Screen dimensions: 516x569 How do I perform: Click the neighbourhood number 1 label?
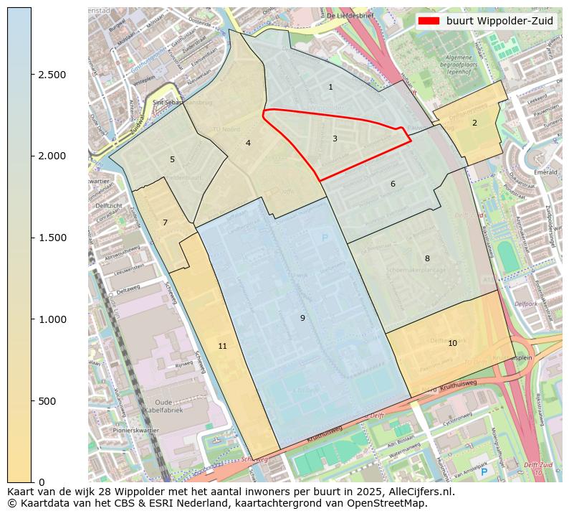(x=330, y=88)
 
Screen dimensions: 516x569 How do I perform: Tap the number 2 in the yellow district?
(x=474, y=123)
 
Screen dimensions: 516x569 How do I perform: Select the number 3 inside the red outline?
(x=335, y=139)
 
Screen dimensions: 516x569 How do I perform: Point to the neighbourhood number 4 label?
(x=248, y=144)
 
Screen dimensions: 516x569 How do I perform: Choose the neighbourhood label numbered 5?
(x=172, y=160)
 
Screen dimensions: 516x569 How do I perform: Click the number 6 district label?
(x=393, y=184)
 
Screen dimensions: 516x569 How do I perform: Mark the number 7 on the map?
(x=165, y=223)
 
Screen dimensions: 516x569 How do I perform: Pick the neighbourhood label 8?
(x=427, y=259)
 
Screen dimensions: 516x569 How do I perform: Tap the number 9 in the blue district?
(x=302, y=319)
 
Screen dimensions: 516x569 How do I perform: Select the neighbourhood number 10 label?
(x=452, y=344)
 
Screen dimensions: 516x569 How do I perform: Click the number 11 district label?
(x=222, y=347)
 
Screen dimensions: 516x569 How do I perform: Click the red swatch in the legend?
(x=429, y=22)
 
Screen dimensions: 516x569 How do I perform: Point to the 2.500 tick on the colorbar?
(x=52, y=75)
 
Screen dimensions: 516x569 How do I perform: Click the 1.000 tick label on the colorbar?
(x=52, y=319)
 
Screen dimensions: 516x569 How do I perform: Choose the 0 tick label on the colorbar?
(x=42, y=482)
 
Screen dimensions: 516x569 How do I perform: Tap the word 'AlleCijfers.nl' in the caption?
(x=419, y=492)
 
